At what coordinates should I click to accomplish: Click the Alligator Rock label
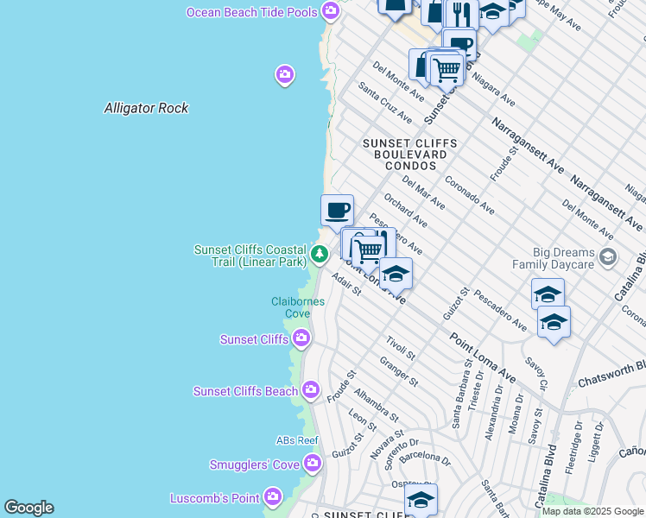pyautogui.click(x=146, y=108)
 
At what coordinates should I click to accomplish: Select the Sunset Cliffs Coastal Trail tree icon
pyautogui.click(x=320, y=254)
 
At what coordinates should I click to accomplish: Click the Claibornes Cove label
pyautogui.click(x=291, y=307)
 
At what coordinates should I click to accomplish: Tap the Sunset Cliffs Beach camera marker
pyautogui.click(x=311, y=391)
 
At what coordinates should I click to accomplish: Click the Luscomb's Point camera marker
pyautogui.click(x=274, y=497)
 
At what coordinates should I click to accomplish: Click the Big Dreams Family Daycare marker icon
pyautogui.click(x=609, y=256)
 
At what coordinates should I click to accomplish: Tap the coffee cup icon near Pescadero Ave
pyautogui.click(x=337, y=209)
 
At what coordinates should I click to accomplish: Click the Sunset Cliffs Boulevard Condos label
pyautogui.click(x=405, y=154)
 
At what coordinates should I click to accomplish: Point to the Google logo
pyautogui.click(x=28, y=508)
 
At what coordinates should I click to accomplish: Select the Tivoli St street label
pyautogui.click(x=401, y=348)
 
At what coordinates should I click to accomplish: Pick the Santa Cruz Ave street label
pyautogui.click(x=385, y=104)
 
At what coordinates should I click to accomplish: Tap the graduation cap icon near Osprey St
pyautogui.click(x=421, y=499)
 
